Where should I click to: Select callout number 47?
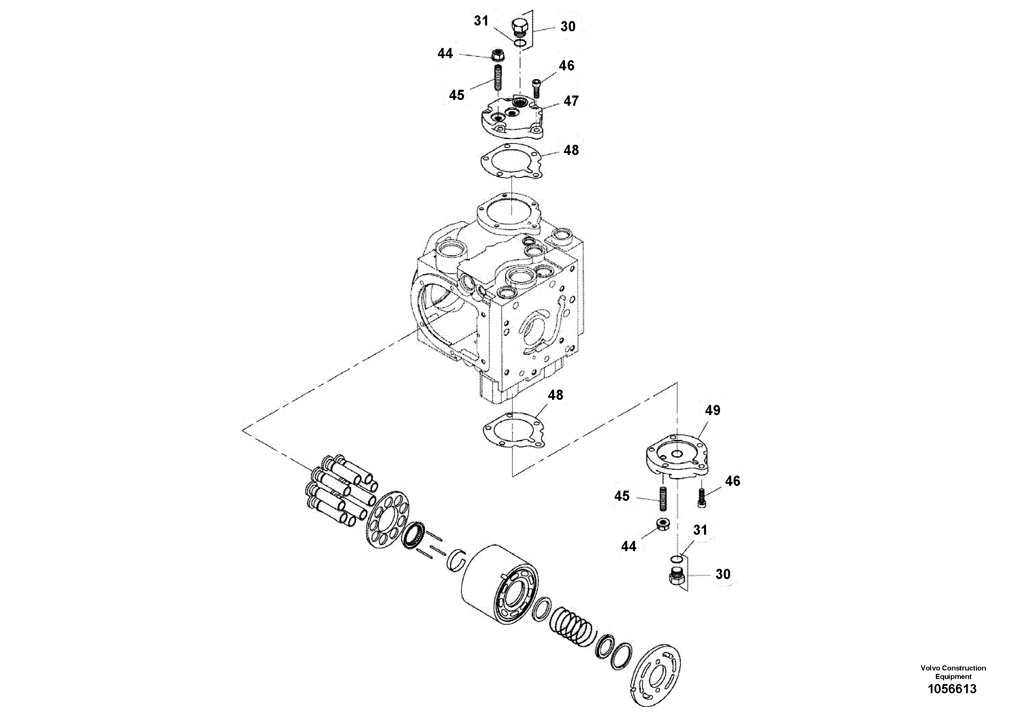[571, 101]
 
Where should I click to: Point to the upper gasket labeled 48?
[512, 161]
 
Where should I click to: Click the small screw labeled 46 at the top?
[536, 88]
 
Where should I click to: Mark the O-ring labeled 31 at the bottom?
[676, 559]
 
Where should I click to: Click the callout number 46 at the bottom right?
[732, 481]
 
